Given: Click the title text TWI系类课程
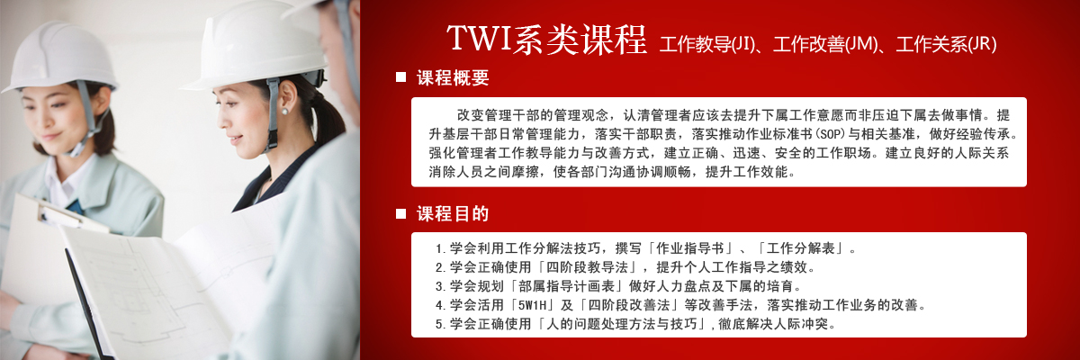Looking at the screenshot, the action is click(x=547, y=39).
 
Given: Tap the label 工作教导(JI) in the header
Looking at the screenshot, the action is click(x=707, y=44).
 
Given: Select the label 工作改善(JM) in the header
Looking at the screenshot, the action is click(x=826, y=44).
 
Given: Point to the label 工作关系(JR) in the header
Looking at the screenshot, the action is click(x=947, y=44).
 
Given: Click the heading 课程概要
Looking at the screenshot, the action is click(x=453, y=77).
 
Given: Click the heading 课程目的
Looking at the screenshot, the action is click(x=453, y=213).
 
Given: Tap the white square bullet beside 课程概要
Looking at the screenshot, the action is click(x=400, y=77).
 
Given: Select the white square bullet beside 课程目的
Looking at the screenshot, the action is click(x=400, y=213).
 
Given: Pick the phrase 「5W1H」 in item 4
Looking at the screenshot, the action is click(x=532, y=305).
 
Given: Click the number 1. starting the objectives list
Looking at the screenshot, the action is click(x=440, y=248).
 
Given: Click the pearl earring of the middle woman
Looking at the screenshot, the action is click(x=284, y=112).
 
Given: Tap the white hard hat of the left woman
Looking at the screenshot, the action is click(x=60, y=57).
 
